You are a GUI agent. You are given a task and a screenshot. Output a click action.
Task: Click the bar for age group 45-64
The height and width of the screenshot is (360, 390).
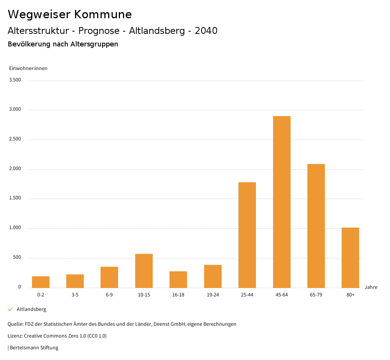tap(281, 202)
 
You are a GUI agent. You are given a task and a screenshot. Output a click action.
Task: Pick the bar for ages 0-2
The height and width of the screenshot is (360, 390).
tap(41, 282)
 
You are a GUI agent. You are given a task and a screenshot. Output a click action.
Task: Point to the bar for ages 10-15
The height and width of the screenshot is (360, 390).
tap(144, 271)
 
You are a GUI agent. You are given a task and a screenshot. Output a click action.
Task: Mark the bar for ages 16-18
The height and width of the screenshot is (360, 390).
tap(178, 279)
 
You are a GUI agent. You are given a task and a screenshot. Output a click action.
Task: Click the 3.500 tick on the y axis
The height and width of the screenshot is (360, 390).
tap(16, 80)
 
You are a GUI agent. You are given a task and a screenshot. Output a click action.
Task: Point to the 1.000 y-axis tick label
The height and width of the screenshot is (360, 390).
tap(16, 228)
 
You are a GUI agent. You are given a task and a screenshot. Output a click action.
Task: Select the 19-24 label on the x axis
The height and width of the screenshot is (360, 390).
tap(213, 295)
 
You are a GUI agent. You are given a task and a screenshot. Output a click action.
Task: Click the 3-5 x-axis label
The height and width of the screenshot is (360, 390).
tap(75, 295)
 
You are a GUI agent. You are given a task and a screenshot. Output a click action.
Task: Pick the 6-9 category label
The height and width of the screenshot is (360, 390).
tap(109, 295)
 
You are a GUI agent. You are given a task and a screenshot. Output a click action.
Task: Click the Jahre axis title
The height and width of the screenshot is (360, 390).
tap(371, 287)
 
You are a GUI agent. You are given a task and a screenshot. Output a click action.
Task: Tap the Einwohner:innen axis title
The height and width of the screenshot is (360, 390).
tap(28, 68)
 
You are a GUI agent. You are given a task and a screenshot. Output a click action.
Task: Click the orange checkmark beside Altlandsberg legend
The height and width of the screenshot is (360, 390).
tap(10, 309)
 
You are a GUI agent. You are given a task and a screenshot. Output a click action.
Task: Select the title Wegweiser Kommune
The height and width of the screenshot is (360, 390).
tap(70, 14)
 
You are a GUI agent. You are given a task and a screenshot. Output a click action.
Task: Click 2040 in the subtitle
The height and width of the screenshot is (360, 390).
tap(206, 31)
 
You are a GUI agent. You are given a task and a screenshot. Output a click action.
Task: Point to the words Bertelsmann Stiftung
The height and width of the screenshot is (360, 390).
tap(34, 347)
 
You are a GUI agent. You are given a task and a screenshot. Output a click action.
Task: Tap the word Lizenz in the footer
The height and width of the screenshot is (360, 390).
tap(14, 336)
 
